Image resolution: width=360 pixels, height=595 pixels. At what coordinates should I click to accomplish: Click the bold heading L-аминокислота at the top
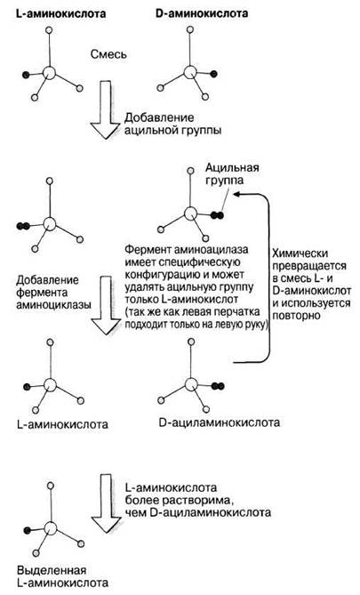(x=61, y=14)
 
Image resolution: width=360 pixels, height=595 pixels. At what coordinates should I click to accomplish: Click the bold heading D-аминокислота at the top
(x=202, y=13)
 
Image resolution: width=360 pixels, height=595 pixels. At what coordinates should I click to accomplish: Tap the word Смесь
(x=108, y=54)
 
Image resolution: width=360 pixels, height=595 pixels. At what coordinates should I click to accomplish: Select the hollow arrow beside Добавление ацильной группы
(x=106, y=109)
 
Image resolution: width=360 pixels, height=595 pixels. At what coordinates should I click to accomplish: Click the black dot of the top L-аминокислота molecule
(x=26, y=75)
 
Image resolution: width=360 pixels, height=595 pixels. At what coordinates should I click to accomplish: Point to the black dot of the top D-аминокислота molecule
(x=213, y=74)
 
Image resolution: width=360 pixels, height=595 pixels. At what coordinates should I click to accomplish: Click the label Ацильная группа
(x=232, y=173)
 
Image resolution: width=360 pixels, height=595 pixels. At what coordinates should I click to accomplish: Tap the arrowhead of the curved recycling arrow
(x=236, y=194)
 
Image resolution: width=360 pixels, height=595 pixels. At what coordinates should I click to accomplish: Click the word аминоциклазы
(x=53, y=305)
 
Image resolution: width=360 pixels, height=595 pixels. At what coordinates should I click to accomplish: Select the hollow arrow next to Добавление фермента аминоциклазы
(x=106, y=305)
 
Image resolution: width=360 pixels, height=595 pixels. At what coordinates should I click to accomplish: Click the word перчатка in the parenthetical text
(x=236, y=312)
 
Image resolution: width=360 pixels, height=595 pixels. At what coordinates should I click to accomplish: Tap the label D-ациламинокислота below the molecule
(x=220, y=422)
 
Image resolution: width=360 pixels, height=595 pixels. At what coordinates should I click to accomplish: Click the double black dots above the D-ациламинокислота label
(x=218, y=386)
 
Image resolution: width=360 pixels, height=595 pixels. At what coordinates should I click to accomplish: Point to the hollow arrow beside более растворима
(x=106, y=503)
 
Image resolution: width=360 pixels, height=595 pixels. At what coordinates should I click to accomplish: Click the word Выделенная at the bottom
(x=52, y=570)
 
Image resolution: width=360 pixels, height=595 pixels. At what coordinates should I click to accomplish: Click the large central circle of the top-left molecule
(x=49, y=72)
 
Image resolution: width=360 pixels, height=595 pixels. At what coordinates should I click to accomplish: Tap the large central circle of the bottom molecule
(x=50, y=528)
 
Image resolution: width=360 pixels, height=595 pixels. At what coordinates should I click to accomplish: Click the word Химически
(x=300, y=253)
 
